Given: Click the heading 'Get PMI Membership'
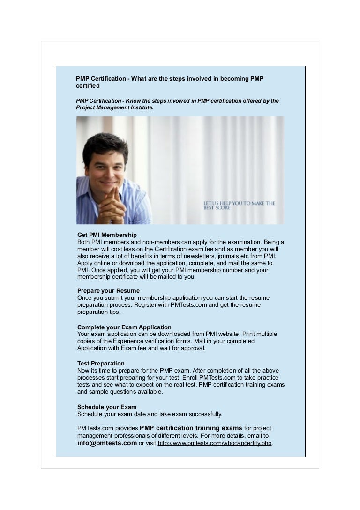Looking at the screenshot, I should [107, 235].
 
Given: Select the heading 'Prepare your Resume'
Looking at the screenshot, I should [108, 291].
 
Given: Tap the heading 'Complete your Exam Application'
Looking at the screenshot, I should [124, 327].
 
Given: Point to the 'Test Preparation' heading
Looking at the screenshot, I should [101, 363].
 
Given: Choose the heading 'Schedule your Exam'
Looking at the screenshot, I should [107, 407].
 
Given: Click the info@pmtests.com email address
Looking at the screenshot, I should [107, 443].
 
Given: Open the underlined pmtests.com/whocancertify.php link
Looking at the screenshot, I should [215, 443].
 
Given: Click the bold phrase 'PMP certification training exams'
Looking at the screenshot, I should [191, 428].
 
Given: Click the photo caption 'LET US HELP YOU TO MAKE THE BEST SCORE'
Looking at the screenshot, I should [239, 206].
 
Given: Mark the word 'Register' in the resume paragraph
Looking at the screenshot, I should [146, 305].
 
